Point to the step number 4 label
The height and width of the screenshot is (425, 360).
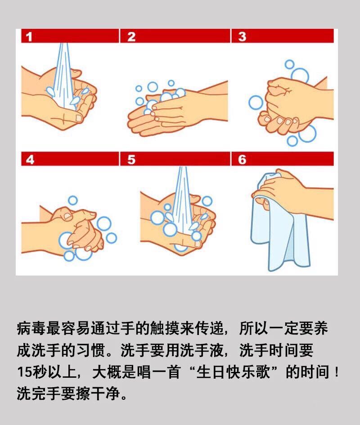(x=29, y=160)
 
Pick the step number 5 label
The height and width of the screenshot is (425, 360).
(x=131, y=160)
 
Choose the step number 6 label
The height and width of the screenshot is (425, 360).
(x=242, y=160)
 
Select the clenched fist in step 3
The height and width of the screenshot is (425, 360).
(x=281, y=104)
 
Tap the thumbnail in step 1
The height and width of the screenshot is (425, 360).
(x=79, y=118)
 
